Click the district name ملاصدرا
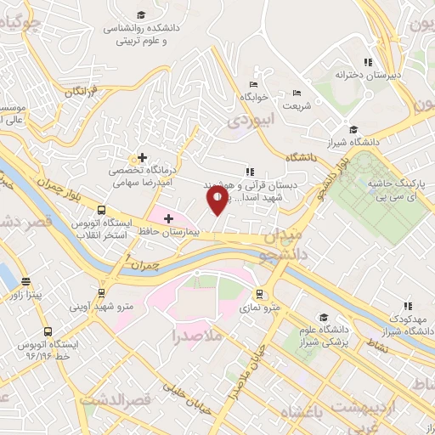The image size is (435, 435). pyautogui.click(x=196, y=336)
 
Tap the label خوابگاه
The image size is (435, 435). pyautogui.click(x=253, y=98)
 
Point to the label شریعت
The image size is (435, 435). pyautogui.click(x=297, y=106)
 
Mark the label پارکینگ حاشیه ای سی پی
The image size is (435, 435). pyautogui.click(x=399, y=189)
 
